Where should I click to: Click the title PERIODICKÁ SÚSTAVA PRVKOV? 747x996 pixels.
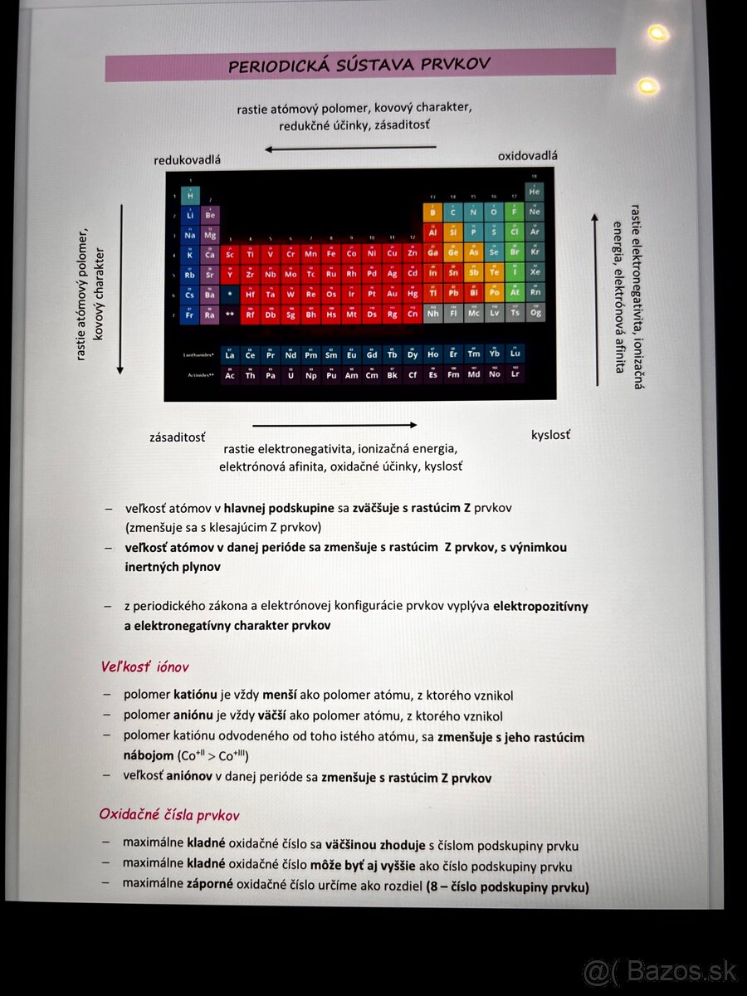pos(359,65)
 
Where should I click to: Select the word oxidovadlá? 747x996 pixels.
pos(528,155)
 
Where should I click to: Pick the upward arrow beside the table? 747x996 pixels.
pos(595,299)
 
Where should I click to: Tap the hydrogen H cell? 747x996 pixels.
pos(189,196)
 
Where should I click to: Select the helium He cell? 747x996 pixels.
pos(535,192)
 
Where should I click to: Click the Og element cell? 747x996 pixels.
pos(535,313)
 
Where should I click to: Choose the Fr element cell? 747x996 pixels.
pos(189,315)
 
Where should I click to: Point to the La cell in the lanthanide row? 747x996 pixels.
pos(230,354)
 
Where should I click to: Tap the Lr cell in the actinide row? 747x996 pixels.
pos(515,374)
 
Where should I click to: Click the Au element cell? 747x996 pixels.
pos(392,293)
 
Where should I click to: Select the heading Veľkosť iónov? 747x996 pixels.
pos(145,666)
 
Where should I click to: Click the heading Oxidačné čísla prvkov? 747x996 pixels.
pos(169,815)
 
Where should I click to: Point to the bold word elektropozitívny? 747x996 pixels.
pos(540,606)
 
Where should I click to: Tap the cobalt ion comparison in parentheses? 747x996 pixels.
pos(213,756)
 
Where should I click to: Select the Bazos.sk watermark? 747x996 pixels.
pos(660,970)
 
